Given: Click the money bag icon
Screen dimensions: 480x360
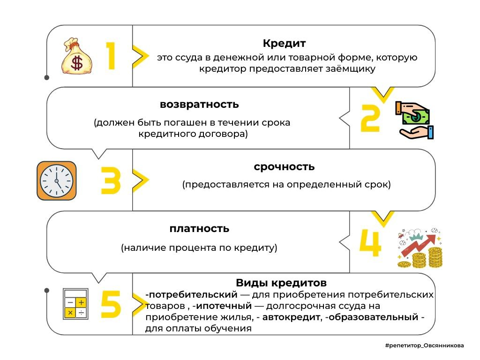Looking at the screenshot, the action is (76, 56).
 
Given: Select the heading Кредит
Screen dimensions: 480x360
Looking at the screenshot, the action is (284, 44).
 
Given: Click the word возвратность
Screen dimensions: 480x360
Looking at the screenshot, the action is (199, 105).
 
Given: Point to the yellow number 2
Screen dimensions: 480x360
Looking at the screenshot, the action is (370, 118).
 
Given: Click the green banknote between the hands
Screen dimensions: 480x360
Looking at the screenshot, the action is (416, 117).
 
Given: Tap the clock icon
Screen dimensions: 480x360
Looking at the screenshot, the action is (57, 180).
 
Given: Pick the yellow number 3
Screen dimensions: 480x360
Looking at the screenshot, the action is (111, 180).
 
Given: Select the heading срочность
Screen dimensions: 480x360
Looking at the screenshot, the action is (284, 167).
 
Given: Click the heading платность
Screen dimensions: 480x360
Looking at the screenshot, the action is (199, 229).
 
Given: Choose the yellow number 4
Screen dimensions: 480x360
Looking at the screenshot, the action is (370, 242).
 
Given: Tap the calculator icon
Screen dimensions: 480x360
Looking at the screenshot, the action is (75, 304).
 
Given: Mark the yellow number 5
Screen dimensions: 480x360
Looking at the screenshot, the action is (111, 304).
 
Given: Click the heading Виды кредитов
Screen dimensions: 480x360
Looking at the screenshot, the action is (281, 283).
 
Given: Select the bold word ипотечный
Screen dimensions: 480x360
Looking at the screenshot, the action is (224, 306).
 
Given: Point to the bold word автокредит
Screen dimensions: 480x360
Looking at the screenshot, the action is (291, 317).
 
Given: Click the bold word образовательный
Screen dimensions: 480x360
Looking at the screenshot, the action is (373, 317).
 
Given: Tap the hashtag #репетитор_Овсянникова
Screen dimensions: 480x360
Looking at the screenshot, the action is (424, 345).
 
